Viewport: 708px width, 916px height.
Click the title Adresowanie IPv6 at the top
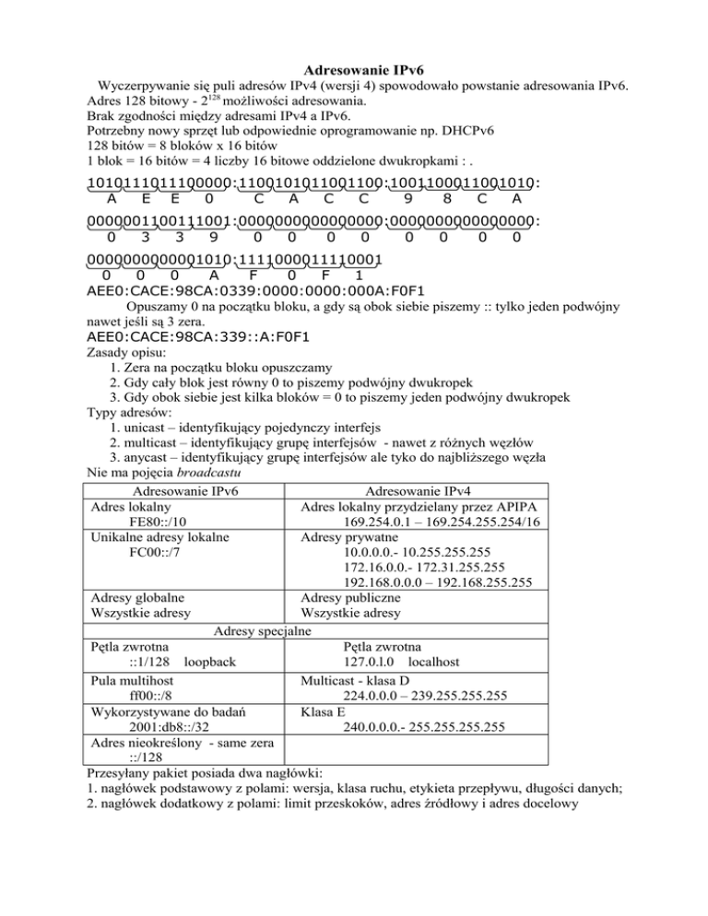coord(354,68)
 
